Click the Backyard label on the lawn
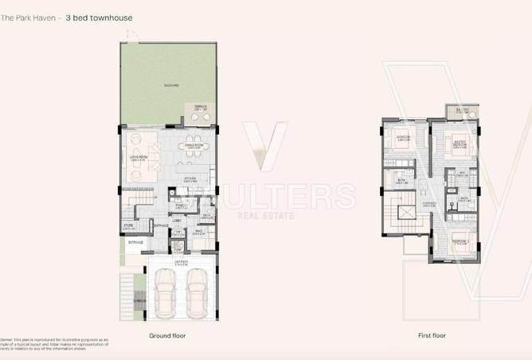(x=171, y=84)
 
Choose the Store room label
(x=128, y=226)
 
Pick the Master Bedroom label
(x=460, y=143)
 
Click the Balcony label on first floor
(x=461, y=112)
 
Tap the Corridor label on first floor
(x=429, y=205)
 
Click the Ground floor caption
(x=167, y=336)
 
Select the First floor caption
(x=433, y=336)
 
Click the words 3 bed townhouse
(x=100, y=17)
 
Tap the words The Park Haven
(x=30, y=17)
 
